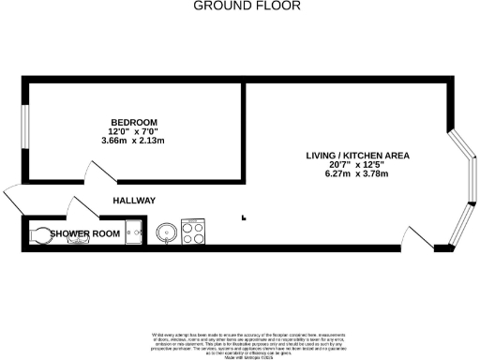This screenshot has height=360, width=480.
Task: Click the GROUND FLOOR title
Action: [x=247, y=6]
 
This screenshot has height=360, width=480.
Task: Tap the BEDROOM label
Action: [x=134, y=123]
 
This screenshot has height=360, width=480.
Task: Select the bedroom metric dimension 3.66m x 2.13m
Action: [x=134, y=141]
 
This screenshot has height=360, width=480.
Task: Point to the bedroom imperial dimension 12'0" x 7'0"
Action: [x=134, y=132]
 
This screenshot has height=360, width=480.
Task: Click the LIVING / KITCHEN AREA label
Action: [x=358, y=155]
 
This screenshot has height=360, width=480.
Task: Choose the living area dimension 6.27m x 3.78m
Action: [x=356, y=173]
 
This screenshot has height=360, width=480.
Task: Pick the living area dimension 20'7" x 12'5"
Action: [x=356, y=164]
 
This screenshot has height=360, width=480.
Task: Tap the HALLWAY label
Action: [x=134, y=202]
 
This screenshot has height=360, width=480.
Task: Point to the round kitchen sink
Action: [x=166, y=231]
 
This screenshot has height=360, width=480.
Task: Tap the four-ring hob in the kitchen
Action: [x=193, y=231]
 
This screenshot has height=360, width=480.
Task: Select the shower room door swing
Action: [x=81, y=208]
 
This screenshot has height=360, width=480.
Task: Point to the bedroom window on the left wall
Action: [x=25, y=130]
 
